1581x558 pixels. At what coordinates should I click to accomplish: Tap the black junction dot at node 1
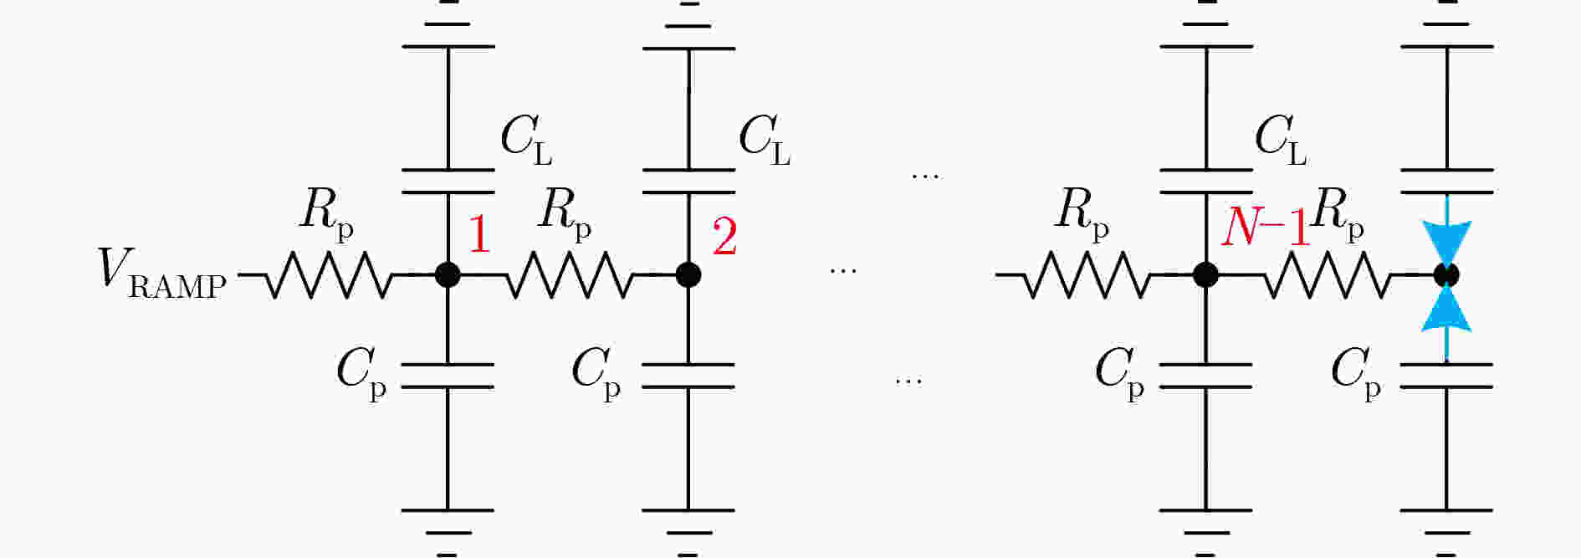tap(448, 274)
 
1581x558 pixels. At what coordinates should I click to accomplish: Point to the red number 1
tap(478, 234)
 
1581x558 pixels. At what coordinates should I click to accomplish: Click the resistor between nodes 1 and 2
tap(569, 274)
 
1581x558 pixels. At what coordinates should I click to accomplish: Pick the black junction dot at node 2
tap(688, 274)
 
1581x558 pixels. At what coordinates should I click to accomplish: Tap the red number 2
tap(724, 236)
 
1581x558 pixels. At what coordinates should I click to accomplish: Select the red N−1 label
tap(1265, 227)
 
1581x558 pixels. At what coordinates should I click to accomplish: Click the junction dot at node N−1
tap(1205, 274)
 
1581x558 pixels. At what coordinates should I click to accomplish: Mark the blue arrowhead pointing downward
tap(1446, 244)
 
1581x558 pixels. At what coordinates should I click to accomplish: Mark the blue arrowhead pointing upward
tap(1446, 306)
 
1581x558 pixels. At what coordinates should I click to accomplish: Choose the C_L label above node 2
tap(765, 139)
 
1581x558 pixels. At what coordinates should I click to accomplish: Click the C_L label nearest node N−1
tap(1281, 139)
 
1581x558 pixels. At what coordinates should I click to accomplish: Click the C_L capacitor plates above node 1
tap(448, 182)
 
